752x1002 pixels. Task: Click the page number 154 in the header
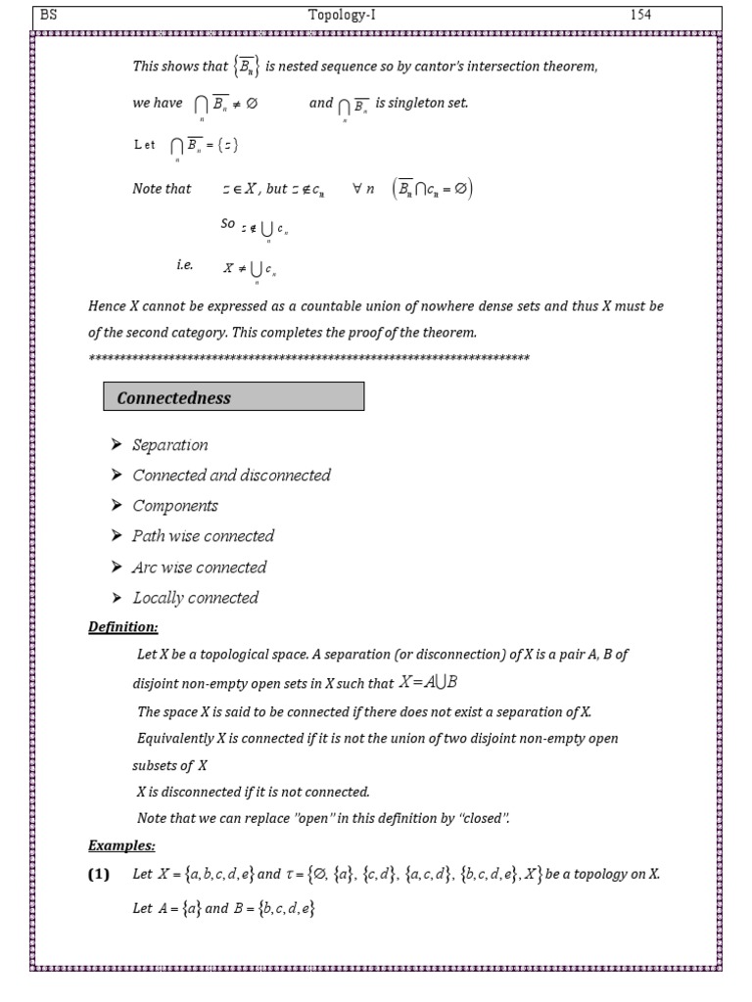tap(640, 15)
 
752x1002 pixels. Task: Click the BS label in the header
tap(48, 15)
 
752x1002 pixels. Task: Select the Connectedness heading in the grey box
tap(174, 397)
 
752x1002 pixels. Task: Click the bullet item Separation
tap(170, 445)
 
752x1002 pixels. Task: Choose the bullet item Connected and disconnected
tap(231, 476)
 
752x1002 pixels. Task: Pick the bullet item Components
tap(175, 506)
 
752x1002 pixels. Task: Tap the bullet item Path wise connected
tap(203, 536)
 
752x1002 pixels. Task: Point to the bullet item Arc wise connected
tap(199, 568)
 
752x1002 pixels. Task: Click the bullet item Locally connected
tap(196, 598)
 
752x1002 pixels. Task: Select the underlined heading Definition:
tap(123, 626)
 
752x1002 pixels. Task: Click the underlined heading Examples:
tap(121, 845)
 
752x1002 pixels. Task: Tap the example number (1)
tap(99, 875)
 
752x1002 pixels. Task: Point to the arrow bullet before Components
tap(116, 506)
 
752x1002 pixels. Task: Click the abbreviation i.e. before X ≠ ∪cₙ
tap(185, 265)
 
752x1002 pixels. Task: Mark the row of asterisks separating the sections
tap(308, 359)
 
